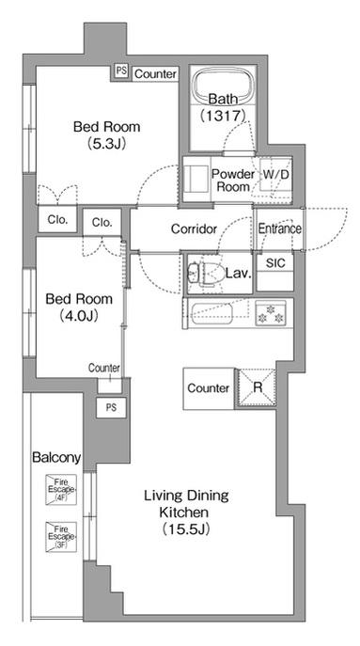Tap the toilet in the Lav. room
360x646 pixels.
coord(204,273)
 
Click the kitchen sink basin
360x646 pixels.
coord(216,313)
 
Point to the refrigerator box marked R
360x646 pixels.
coord(257,388)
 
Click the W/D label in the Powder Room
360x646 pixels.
coord(276,174)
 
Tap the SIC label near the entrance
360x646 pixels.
coord(275,263)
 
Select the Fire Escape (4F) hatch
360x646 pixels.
coord(61,489)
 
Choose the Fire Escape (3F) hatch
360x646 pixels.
coord(61,536)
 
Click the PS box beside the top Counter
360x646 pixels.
coord(121,71)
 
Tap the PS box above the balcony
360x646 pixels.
coord(111,407)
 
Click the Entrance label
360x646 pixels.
coord(280,228)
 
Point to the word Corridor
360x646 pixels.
coord(194,229)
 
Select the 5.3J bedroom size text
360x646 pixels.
coord(106,143)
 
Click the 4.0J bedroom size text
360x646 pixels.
coord(79,316)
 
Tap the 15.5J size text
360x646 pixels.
coord(186,529)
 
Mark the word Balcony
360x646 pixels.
coord(56,457)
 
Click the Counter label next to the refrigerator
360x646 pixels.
coord(209,388)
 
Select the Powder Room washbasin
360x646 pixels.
coord(196,179)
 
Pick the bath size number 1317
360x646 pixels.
coord(223,116)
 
